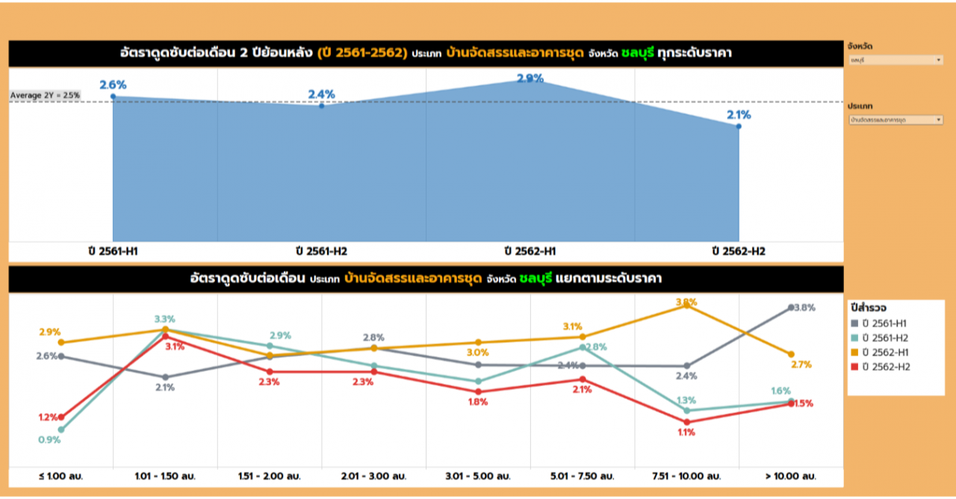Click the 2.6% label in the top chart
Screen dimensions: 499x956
pyautogui.click(x=113, y=85)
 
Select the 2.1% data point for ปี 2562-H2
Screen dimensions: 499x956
pyautogui.click(x=739, y=126)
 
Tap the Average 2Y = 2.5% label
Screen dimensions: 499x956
pyautogui.click(x=45, y=96)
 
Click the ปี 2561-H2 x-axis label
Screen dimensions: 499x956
pyautogui.click(x=321, y=252)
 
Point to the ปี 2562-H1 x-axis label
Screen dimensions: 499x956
pyautogui.click(x=530, y=252)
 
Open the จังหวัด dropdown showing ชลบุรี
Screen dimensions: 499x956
pyautogui.click(x=895, y=60)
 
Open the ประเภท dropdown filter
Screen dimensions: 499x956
pyautogui.click(x=895, y=120)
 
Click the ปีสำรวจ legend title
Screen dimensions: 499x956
pyautogui.click(x=869, y=308)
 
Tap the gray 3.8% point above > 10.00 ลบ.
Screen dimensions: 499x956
pyautogui.click(x=791, y=307)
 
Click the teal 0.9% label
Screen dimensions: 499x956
pyautogui.click(x=49, y=440)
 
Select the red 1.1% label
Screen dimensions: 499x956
pyautogui.click(x=686, y=433)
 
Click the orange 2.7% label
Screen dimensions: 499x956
pyautogui.click(x=801, y=365)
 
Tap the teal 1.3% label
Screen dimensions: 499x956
pyautogui.click(x=686, y=400)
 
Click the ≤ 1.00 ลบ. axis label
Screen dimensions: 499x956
pyautogui.click(x=61, y=476)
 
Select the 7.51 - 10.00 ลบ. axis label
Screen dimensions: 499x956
pyautogui.click(x=686, y=476)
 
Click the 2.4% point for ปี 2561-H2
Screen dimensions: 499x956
pyautogui.click(x=321, y=106)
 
